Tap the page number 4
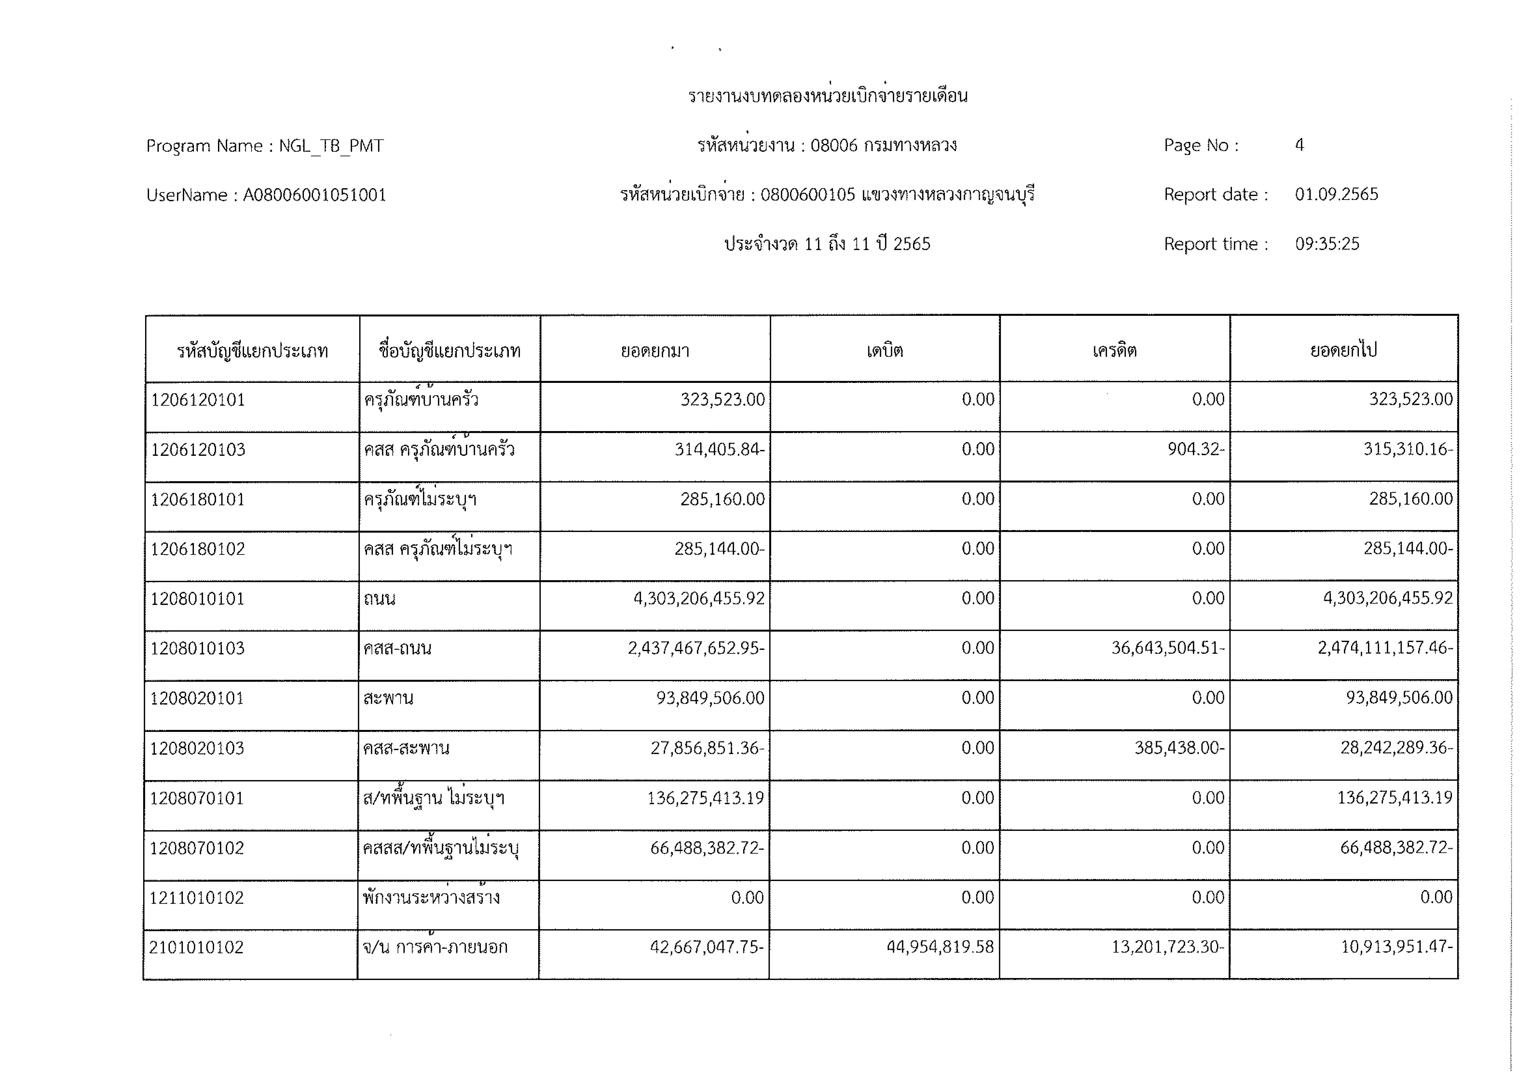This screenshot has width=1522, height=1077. click(x=1299, y=145)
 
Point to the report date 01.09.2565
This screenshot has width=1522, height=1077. click(x=1336, y=194)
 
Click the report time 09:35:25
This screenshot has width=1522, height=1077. click(x=1327, y=244)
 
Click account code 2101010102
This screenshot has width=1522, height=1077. click(x=196, y=947)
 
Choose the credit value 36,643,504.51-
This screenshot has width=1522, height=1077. click(x=1168, y=648)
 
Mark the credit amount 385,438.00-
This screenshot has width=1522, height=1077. click(x=1179, y=748)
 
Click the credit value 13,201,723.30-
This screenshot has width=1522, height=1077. click(x=1168, y=947)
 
